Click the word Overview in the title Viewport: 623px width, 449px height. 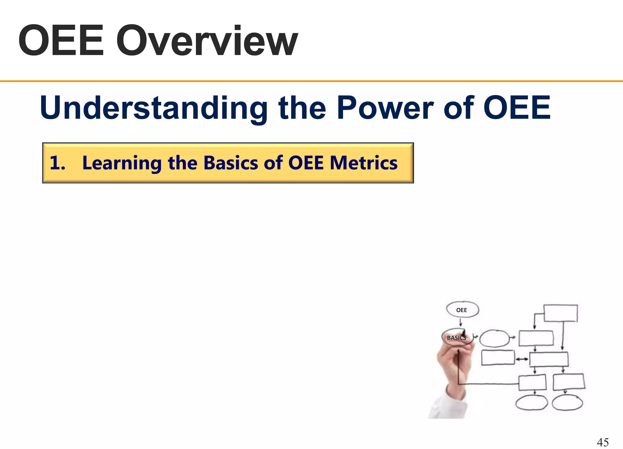(207, 41)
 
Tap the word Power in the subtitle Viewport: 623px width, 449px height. (385, 108)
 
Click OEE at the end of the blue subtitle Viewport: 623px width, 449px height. (517, 108)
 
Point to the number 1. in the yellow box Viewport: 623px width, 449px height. (57, 163)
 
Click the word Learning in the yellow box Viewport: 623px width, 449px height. (122, 163)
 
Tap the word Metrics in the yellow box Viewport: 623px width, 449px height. (364, 163)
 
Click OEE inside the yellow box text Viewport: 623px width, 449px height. (305, 163)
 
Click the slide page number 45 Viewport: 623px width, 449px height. (603, 442)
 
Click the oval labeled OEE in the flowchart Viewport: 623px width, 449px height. (462, 310)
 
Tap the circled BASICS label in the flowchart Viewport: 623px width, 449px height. (456, 338)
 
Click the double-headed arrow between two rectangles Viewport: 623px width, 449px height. (522, 359)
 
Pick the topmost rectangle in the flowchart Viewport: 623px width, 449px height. (560, 313)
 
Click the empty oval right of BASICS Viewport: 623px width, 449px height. (494, 338)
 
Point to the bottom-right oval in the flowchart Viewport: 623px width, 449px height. (567, 403)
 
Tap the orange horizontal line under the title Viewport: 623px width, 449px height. (311, 81)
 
